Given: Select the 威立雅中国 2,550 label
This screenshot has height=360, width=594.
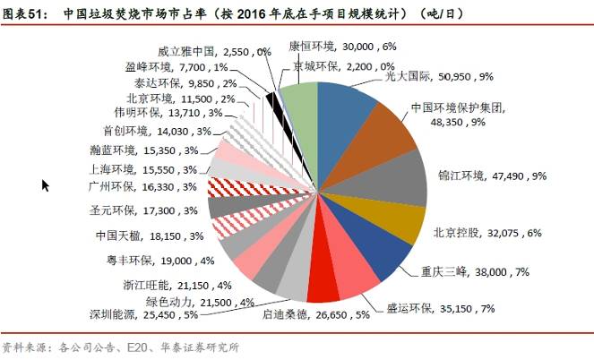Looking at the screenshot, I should (214, 53).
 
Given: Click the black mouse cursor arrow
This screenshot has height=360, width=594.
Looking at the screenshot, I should (46, 185).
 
